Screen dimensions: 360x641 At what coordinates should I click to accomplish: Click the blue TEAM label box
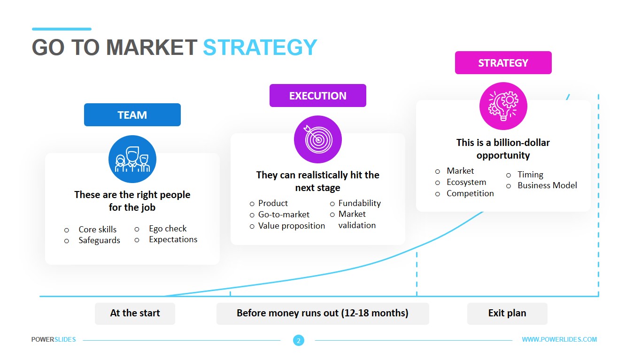point(132,115)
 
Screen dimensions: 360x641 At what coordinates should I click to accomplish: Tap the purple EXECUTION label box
point(317,96)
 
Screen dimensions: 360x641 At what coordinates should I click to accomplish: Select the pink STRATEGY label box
point(503,63)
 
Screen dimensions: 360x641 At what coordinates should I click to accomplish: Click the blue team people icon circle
point(132,159)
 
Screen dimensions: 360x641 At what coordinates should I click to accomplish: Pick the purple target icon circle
point(317,139)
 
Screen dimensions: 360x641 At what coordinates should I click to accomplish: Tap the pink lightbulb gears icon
point(503,106)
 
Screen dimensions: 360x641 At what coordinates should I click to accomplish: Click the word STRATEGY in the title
point(260,47)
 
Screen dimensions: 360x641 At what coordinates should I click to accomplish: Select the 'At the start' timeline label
point(135,313)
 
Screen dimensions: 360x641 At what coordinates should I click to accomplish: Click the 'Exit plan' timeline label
point(507,313)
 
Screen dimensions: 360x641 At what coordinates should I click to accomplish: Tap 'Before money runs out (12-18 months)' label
point(322,313)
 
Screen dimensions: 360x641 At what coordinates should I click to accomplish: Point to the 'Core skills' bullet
point(97,230)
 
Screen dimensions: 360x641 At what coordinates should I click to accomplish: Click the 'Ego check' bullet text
point(168,229)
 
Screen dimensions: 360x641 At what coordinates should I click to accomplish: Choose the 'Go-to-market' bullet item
point(284,214)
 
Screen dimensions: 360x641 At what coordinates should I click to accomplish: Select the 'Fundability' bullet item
point(359,203)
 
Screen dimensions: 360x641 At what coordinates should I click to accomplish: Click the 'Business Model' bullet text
point(547,185)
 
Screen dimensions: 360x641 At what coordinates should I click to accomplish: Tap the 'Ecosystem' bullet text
point(466,182)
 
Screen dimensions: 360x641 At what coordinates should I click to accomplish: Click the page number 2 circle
point(298,341)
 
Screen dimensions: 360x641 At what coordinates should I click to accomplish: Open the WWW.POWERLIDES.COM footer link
point(559,339)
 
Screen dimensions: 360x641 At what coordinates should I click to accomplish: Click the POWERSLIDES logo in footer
point(54,339)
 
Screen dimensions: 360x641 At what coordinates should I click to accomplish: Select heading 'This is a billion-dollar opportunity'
point(503,149)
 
